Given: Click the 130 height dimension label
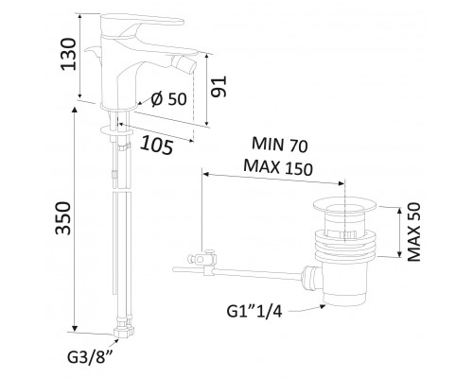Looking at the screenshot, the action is tap(68, 54).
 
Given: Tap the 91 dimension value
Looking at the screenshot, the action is tap(219, 86).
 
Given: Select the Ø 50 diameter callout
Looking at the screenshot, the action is tap(168, 99).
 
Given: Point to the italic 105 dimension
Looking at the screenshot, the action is tap(157, 145).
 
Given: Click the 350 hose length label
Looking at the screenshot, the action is tap(62, 218).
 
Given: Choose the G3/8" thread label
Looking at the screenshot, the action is tap(91, 357).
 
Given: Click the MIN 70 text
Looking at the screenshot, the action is tap(279, 145).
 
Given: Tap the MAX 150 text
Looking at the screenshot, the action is tap(278, 167).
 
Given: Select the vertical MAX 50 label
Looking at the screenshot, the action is tap(414, 232).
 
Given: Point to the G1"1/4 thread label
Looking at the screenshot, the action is tap(254, 312).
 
